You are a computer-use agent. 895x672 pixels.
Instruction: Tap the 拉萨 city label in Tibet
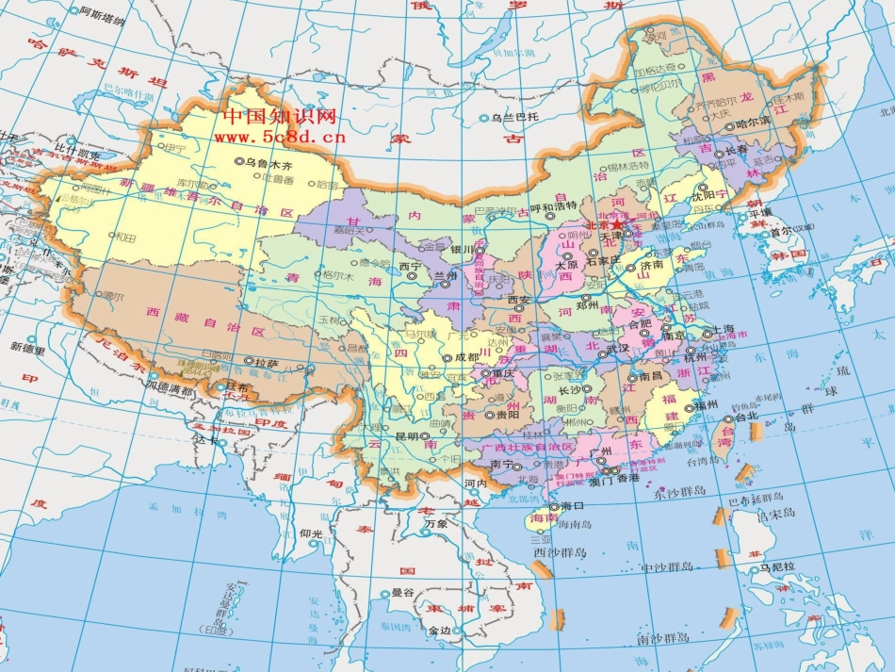(266, 361)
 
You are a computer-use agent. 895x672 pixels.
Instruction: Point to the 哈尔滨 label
(753, 122)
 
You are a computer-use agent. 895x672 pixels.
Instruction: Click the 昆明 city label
(406, 436)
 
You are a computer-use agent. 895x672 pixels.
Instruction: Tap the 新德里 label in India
(28, 346)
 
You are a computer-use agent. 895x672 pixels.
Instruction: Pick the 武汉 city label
(616, 348)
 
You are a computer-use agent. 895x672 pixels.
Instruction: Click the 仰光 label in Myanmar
(312, 533)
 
